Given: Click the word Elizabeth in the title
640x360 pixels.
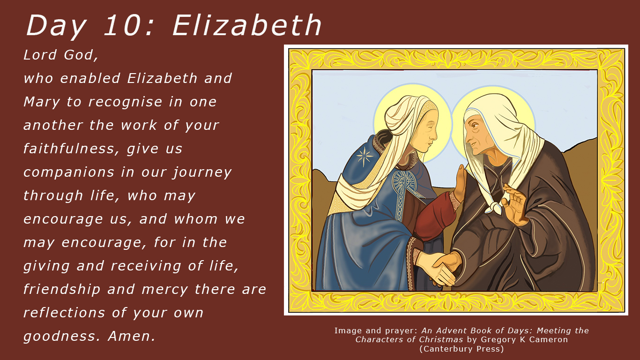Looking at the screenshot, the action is pos(247,26).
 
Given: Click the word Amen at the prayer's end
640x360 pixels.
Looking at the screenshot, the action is pos(132,336).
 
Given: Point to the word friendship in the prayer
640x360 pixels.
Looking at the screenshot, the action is pos(62,289).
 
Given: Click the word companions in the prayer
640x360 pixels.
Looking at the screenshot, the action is pos(68,172).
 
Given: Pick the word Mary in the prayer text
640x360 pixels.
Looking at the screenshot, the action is pos(42,102).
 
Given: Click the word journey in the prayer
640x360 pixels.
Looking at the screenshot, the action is pos(202,172).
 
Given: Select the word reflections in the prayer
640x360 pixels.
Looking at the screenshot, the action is pos(64,313).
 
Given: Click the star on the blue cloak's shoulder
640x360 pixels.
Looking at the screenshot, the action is pos(365,157).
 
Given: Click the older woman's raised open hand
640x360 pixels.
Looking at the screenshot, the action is pos(515,203).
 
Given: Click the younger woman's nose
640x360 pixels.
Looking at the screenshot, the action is pos(435,135).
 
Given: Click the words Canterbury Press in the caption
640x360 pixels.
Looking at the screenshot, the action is pos(461,349).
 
